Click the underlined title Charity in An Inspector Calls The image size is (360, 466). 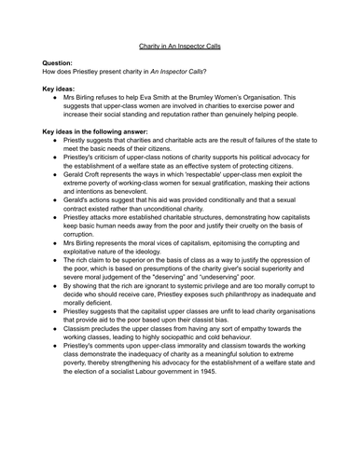(x=180, y=44)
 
